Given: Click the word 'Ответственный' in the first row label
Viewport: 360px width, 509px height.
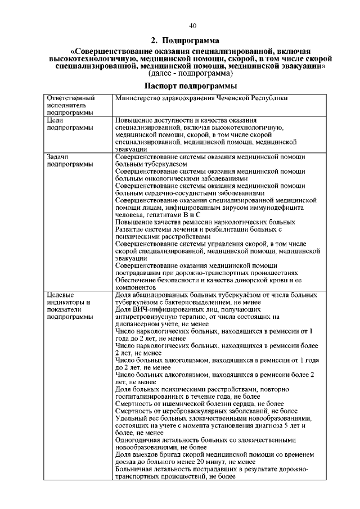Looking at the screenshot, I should point(70,98).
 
